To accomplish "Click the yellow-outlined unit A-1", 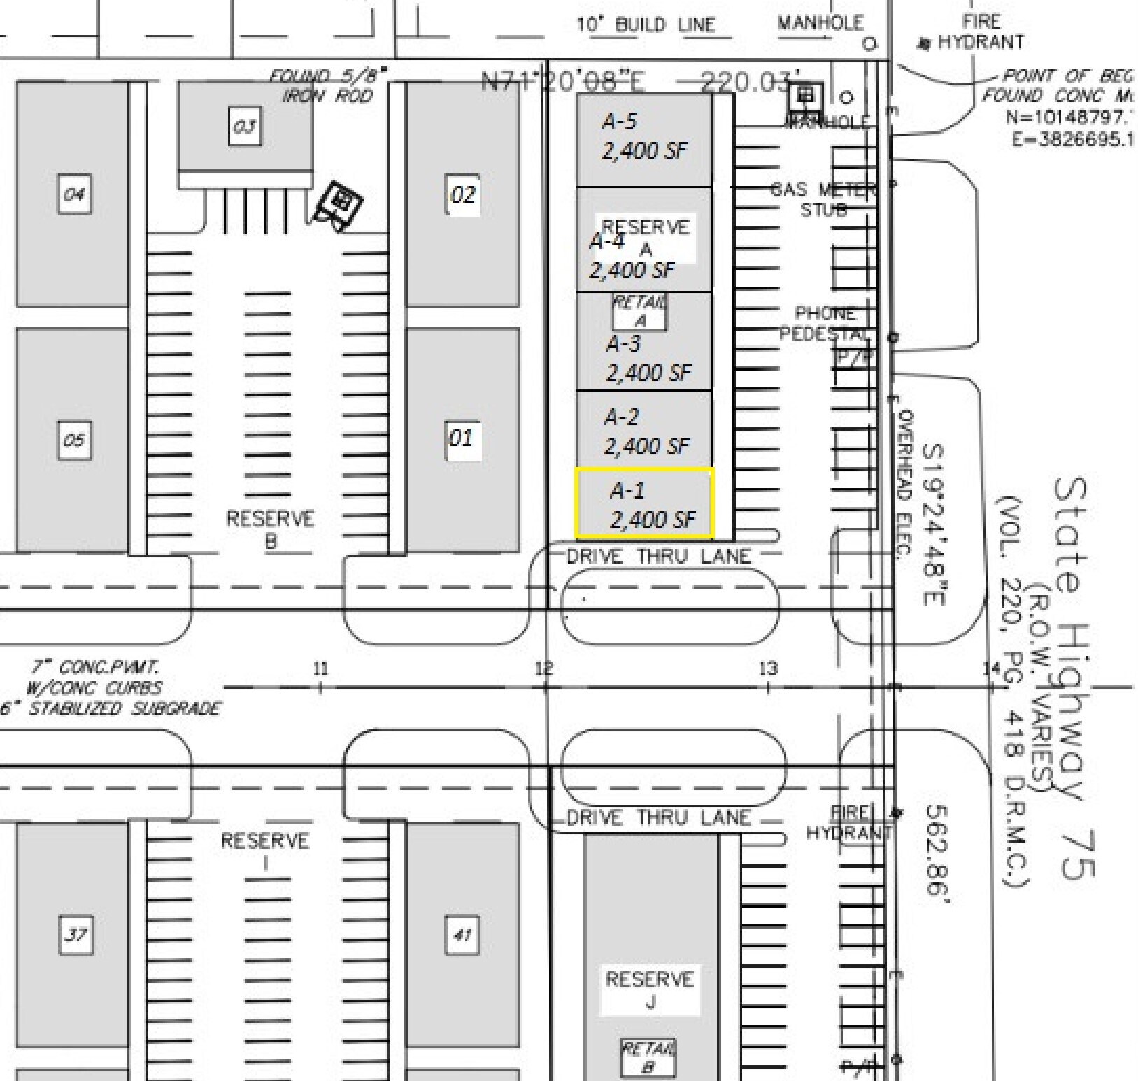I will click(644, 503).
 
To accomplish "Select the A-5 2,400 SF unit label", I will click(643, 136).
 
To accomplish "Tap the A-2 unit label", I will click(646, 431).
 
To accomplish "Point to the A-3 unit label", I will click(647, 358).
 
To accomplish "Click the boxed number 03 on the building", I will click(245, 127).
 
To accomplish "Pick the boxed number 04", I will click(75, 194).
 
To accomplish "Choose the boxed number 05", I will click(75, 440).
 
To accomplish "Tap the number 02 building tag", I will click(463, 194).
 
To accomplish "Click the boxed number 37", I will click(76, 934).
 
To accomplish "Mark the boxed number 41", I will click(462, 934).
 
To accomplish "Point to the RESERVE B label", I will click(270, 529).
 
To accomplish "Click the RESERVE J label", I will click(650, 990).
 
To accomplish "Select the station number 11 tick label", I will click(320, 669).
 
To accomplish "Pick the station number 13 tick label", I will click(768, 668).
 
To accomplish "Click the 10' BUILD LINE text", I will click(646, 25).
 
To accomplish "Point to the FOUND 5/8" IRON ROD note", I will click(328, 85).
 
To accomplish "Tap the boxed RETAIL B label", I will click(648, 1057).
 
